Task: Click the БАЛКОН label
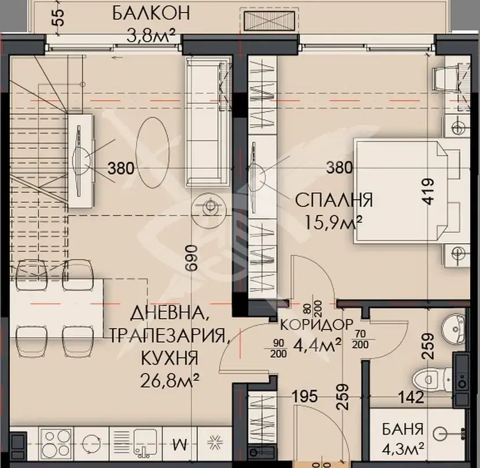coord(151,13)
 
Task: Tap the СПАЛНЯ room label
coord(334,200)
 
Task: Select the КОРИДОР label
coord(317,325)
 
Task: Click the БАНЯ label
coord(402,429)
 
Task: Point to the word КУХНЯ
coord(169,358)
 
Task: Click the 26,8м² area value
coord(170,381)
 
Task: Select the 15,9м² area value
coord(334,223)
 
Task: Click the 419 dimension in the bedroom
coord(427,191)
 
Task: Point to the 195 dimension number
coord(305,396)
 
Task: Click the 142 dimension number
coord(411,397)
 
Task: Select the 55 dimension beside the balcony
coord(59,17)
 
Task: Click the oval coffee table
coord(153,152)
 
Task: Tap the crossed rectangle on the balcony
coord(269,21)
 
